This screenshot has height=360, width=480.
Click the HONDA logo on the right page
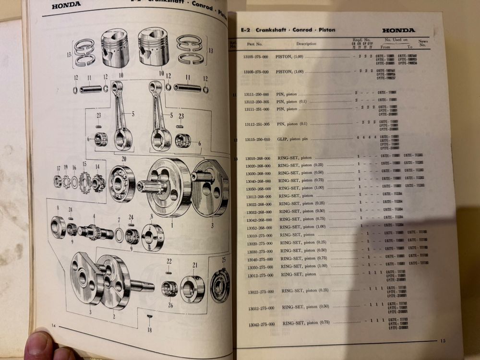(398, 31)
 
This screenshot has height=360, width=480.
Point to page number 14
(54, 326)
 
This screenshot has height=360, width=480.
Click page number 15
(443, 341)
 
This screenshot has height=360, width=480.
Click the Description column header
(306, 44)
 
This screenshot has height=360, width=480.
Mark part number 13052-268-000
(258, 228)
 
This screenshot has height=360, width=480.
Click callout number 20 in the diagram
(123, 159)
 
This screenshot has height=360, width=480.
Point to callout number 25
(224, 260)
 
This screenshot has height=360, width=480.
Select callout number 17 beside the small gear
(58, 168)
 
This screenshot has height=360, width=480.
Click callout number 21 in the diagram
(195, 265)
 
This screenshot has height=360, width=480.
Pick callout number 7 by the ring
(119, 219)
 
